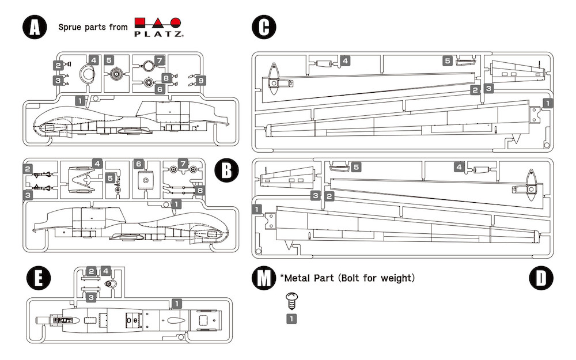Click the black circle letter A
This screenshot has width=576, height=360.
pyautogui.click(x=35, y=27)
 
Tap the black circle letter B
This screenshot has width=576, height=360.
pyautogui.click(x=225, y=170)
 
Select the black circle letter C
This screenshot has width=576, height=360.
pyautogui.click(x=264, y=27)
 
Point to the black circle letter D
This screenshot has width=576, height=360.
pyautogui.click(x=541, y=278)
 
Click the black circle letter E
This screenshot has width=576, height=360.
pyautogui.click(x=39, y=279)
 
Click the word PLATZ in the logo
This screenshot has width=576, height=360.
pyautogui.click(x=159, y=35)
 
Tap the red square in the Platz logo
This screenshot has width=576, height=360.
pyautogui.click(x=142, y=24)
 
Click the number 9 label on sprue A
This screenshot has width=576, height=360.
pyautogui.click(x=200, y=81)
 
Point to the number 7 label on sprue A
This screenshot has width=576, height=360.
pyautogui.click(x=160, y=60)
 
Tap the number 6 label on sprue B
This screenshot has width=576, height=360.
pyautogui.click(x=139, y=164)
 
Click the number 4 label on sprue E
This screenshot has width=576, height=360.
pyautogui.click(x=106, y=271)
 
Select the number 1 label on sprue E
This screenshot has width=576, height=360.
pyautogui.click(x=177, y=303)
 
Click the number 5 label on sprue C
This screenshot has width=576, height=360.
pyautogui.click(x=447, y=60)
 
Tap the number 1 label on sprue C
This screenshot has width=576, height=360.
pyautogui.click(x=548, y=103)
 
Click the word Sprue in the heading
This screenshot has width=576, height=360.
pyautogui.click(x=70, y=27)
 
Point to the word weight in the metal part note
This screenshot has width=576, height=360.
pyautogui.click(x=396, y=278)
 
